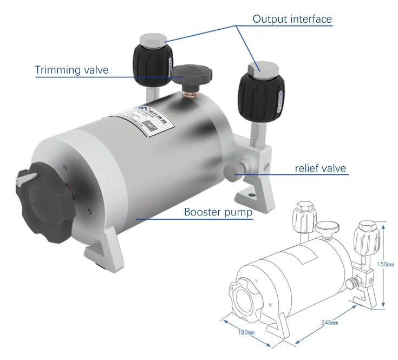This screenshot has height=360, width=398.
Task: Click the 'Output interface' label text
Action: click(292, 19)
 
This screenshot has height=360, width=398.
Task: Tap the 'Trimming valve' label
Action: click(71, 70)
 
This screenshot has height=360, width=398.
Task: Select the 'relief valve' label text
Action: click(320, 168)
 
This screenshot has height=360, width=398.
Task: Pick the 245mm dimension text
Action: click(329, 322)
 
